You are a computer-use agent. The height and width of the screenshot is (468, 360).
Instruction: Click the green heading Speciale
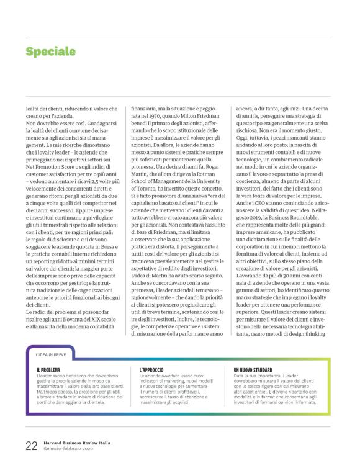50,52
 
